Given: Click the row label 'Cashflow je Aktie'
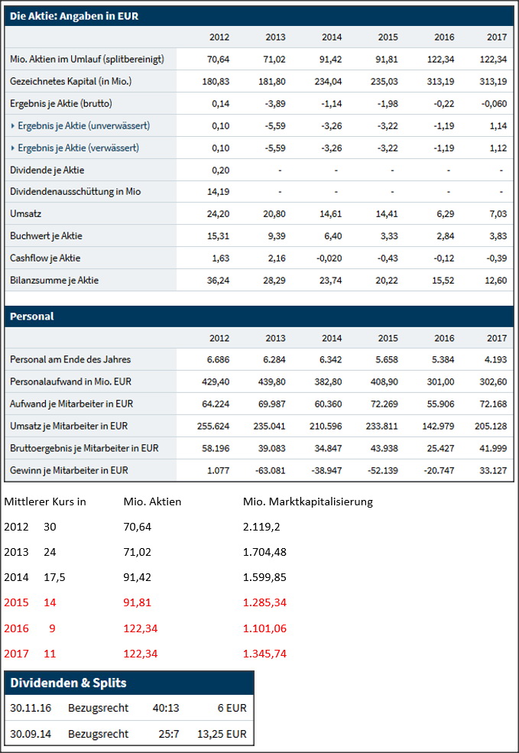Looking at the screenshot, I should (x=45, y=258).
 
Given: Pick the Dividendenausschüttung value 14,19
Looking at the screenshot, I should (x=219, y=192).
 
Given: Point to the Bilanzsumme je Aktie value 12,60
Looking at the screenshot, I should (x=491, y=281).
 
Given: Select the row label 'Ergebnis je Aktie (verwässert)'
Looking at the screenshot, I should (x=78, y=148).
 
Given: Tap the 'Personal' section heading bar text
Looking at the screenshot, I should (x=32, y=316).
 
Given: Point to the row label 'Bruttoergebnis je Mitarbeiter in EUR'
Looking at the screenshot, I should (x=85, y=448).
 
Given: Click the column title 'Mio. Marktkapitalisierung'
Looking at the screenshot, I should (x=307, y=502).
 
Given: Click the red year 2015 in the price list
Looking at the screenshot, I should (x=16, y=602).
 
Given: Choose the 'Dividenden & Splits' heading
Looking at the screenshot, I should (x=68, y=683).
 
